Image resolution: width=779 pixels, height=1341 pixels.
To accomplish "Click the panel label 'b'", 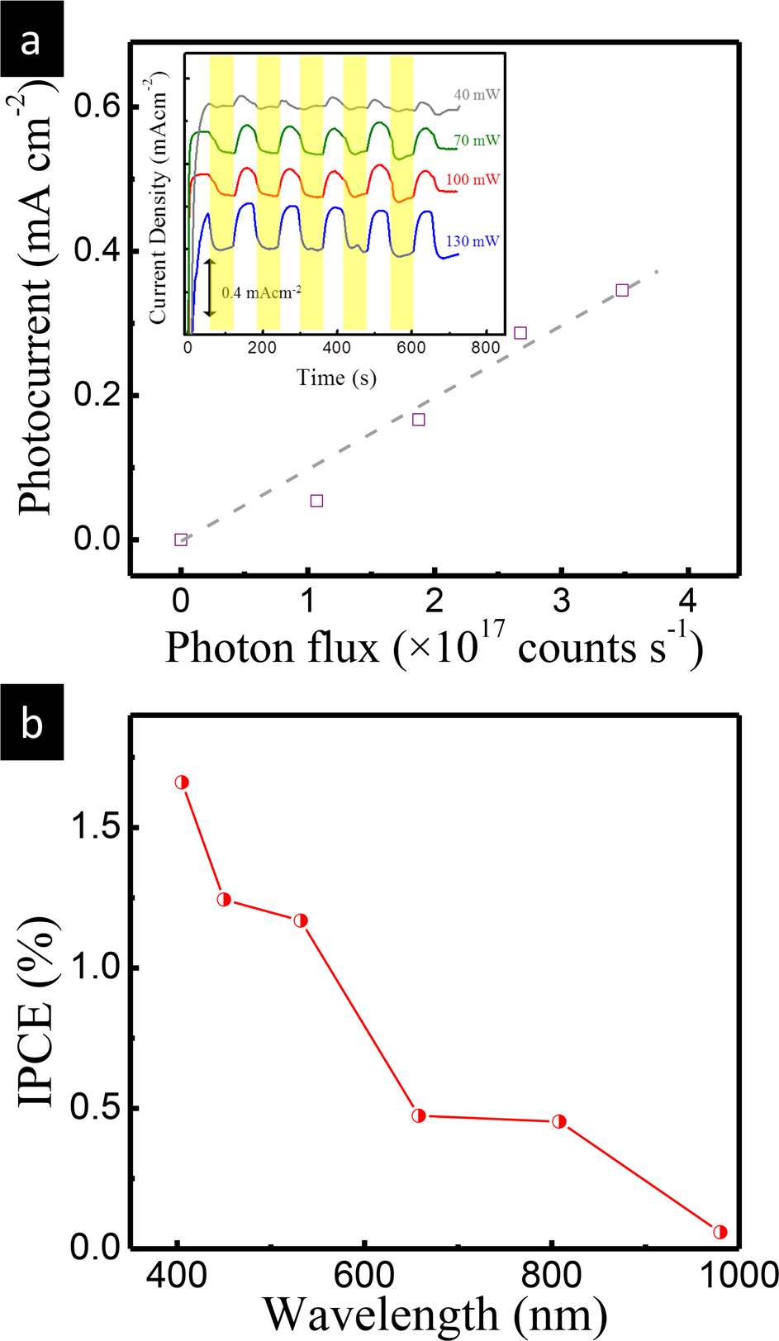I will (x=31, y=725).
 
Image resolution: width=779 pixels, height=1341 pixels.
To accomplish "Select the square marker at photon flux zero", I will (x=181, y=540).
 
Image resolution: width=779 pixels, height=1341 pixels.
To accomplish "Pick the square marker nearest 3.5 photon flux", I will (x=622, y=290).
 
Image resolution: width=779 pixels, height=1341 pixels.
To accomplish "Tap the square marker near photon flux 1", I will (x=316, y=501).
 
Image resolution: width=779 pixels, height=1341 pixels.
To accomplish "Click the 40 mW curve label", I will (x=477, y=95).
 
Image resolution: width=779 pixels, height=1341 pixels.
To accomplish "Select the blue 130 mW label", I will (x=473, y=241).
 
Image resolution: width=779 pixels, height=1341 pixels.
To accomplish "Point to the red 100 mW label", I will (x=473, y=179).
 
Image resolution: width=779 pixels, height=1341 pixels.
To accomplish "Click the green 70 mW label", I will (x=477, y=140).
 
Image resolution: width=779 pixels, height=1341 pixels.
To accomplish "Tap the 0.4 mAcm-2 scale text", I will (x=259, y=292).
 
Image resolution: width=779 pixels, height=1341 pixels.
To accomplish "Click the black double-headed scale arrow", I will (x=210, y=287).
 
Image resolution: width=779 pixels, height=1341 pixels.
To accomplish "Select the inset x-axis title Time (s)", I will (x=336, y=378).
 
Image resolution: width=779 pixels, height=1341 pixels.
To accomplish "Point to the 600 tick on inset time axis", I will (x=410, y=348).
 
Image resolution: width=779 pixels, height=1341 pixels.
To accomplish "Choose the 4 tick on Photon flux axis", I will (x=688, y=602).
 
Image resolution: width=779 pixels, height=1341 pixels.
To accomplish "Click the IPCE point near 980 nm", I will (x=720, y=1232).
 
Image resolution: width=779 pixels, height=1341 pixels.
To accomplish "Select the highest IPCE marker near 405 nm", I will (x=182, y=782).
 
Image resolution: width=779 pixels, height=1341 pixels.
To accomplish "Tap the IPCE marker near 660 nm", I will (x=419, y=1115).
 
